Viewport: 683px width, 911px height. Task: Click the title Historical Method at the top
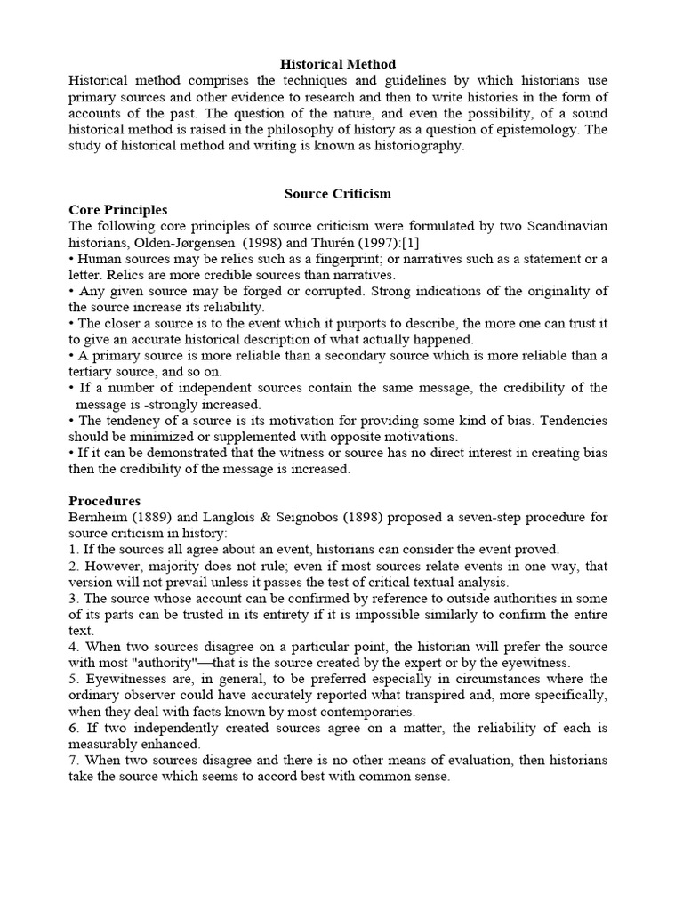338,64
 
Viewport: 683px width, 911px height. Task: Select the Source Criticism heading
338,193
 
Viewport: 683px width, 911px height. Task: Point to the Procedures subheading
105,501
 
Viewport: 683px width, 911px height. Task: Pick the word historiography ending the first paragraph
419,146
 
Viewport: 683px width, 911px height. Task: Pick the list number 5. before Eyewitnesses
74,678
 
